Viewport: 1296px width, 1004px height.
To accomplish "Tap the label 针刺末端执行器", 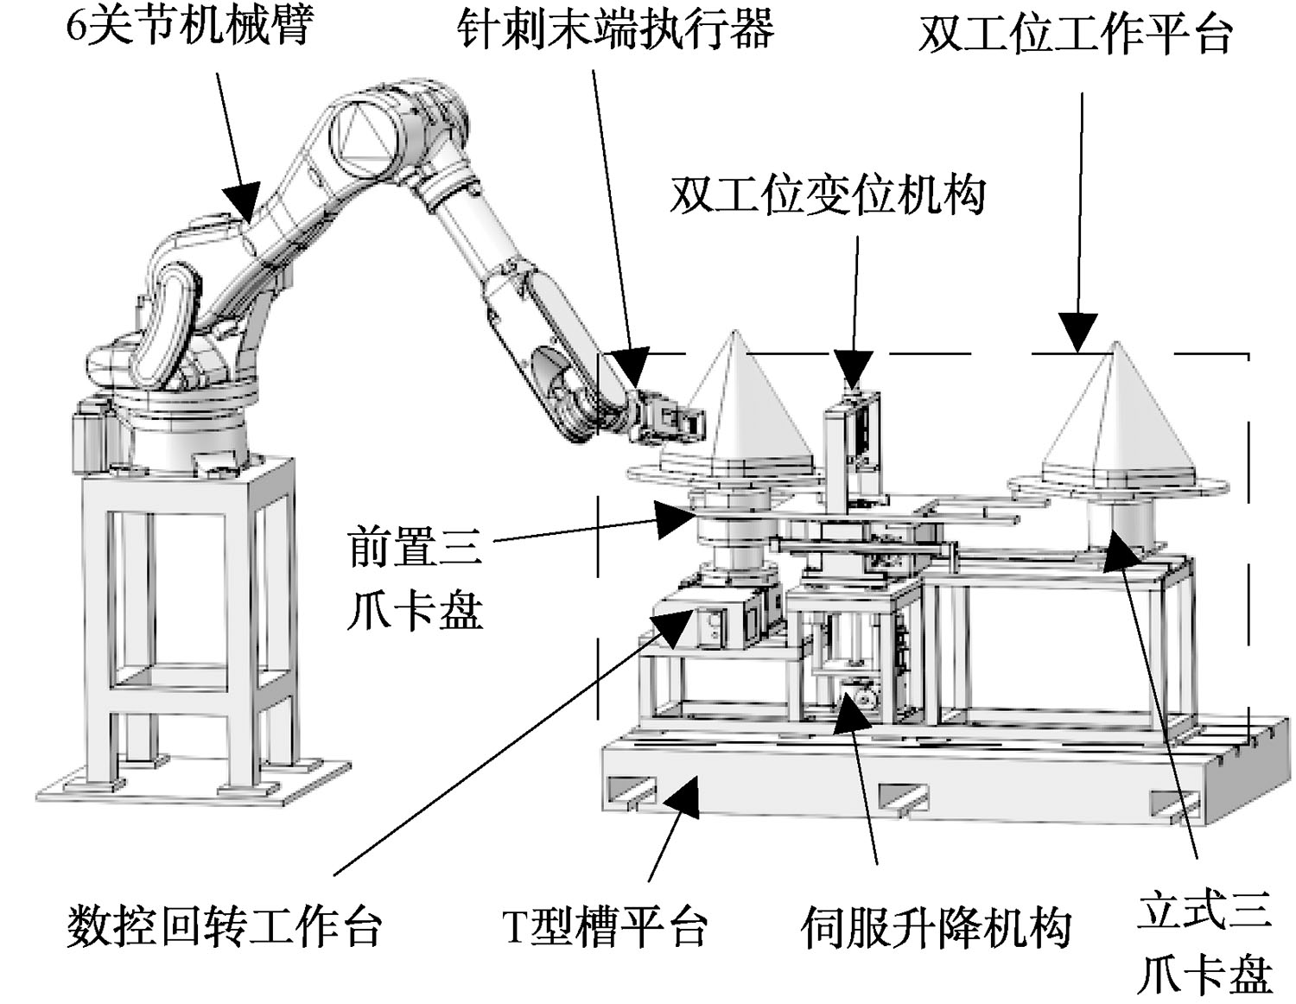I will pyautogui.click(x=616, y=29).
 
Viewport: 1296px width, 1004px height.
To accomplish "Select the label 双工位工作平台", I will pyautogui.click(x=1076, y=35).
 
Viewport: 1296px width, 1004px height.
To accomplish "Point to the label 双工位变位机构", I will pyautogui.click(x=828, y=195).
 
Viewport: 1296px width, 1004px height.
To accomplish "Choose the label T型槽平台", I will pyautogui.click(x=606, y=925).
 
